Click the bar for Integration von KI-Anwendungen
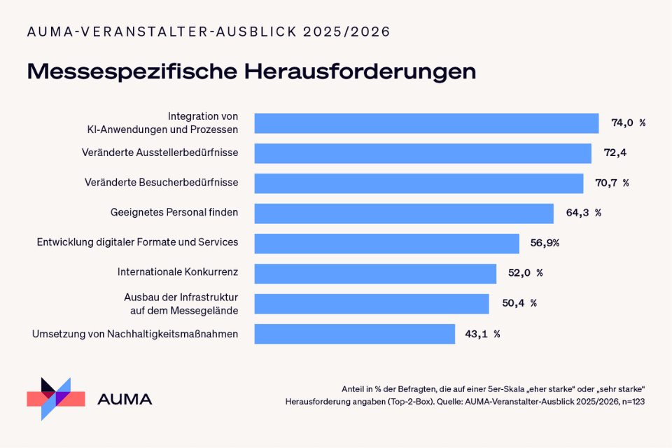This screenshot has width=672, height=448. click(426, 123)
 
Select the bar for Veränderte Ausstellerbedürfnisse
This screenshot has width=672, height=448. click(423, 153)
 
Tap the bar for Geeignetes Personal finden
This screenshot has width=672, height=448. click(404, 213)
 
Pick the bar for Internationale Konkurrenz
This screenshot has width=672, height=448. click(375, 273)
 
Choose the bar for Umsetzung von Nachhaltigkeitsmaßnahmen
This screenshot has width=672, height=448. click(354, 334)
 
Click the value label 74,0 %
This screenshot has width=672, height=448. click(628, 123)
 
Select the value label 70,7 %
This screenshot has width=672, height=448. click(612, 183)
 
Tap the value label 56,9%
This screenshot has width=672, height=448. click(545, 244)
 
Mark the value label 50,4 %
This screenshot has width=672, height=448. click(519, 303)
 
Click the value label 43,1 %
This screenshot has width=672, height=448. click(482, 334)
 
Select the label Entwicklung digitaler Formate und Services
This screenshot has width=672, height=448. click(137, 242)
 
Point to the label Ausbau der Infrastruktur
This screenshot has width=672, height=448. click(181, 296)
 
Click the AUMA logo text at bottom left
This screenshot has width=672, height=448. click(125, 400)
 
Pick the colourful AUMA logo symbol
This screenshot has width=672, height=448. click(55, 398)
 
